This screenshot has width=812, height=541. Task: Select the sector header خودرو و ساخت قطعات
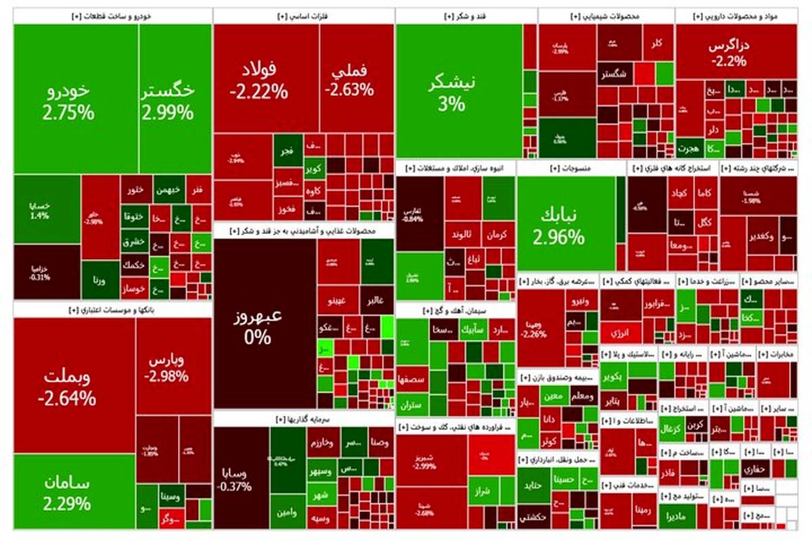112,16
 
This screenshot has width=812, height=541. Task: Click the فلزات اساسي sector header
303,16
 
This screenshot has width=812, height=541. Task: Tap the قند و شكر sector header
466,16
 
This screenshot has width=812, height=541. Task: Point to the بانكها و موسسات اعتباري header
112,310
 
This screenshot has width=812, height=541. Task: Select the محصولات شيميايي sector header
606,16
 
